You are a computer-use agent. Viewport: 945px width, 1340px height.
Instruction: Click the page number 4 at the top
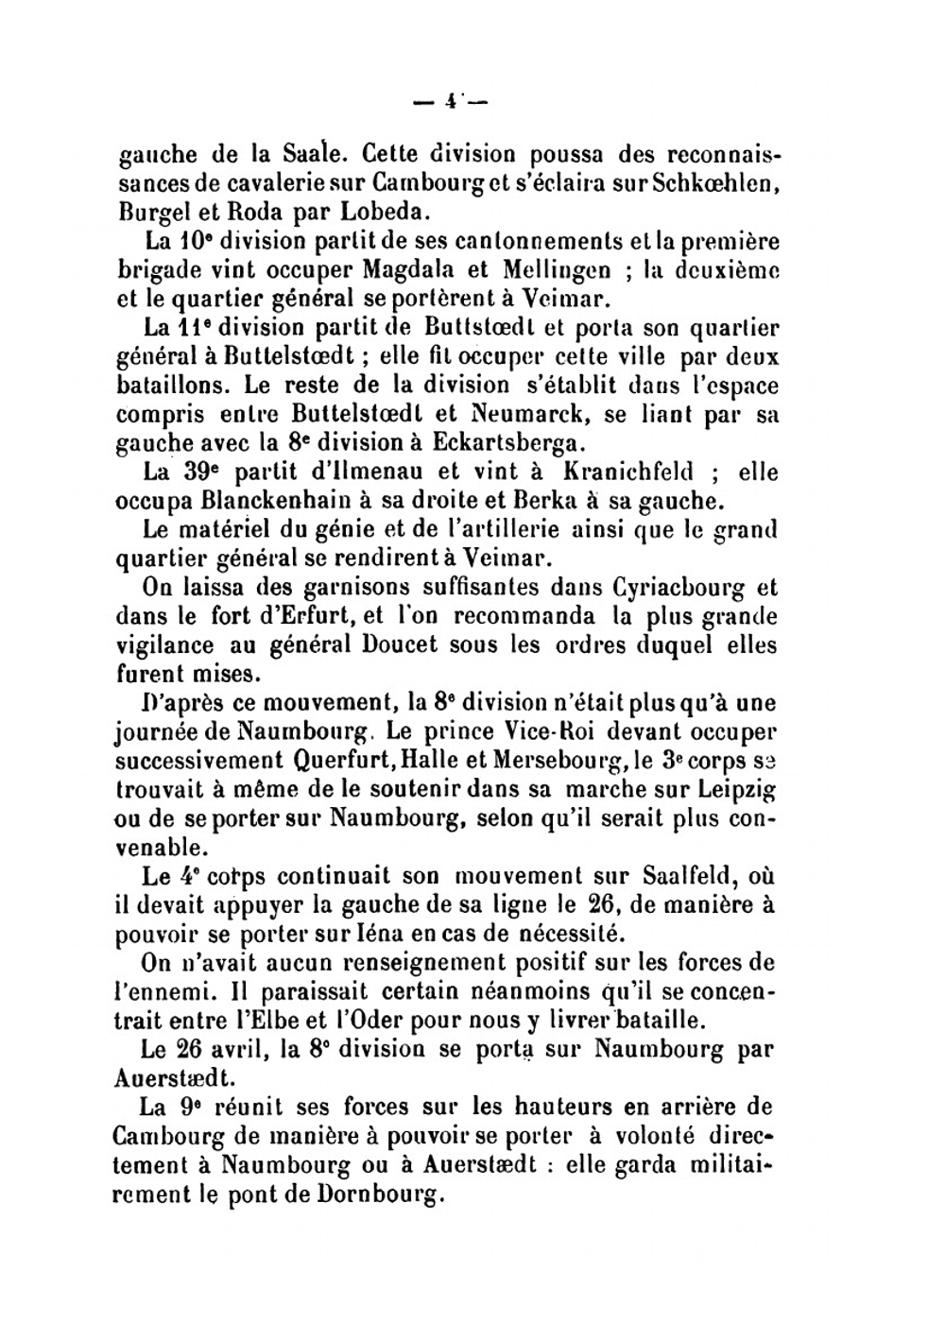pos(451,101)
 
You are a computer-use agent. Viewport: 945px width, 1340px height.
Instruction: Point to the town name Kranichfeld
pos(628,471)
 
